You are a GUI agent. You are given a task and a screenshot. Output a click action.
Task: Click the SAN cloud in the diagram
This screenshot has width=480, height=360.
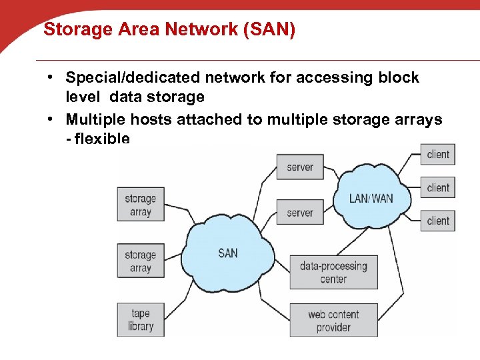pyautogui.click(x=227, y=253)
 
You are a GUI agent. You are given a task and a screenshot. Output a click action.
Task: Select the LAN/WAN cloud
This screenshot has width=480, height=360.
pyautogui.click(x=371, y=198)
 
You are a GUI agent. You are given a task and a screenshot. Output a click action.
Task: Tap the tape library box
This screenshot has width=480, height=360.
pyautogui.click(x=141, y=319)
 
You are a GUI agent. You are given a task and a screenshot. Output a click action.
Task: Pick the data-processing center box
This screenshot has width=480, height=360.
pyautogui.click(x=333, y=272)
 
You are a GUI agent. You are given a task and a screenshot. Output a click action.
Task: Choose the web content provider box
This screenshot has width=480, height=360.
pyautogui.click(x=333, y=320)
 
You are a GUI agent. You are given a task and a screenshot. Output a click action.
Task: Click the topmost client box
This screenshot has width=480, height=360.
pyautogui.click(x=438, y=155)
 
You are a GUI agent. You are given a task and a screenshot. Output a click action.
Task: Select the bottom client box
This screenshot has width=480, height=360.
pyautogui.click(x=438, y=221)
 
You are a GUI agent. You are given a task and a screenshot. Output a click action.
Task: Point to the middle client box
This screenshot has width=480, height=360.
pyautogui.click(x=438, y=188)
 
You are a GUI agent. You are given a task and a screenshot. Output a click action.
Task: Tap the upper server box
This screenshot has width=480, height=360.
pyautogui.click(x=300, y=167)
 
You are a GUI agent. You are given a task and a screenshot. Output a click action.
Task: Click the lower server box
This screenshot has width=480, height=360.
pyautogui.click(x=300, y=213)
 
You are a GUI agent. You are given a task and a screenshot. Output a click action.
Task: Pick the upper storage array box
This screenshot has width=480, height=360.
pyautogui.click(x=141, y=205)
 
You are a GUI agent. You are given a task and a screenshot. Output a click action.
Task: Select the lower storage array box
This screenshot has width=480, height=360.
pyautogui.click(x=141, y=261)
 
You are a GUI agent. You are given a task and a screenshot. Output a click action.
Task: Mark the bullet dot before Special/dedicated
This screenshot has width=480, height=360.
pyautogui.click(x=51, y=78)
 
